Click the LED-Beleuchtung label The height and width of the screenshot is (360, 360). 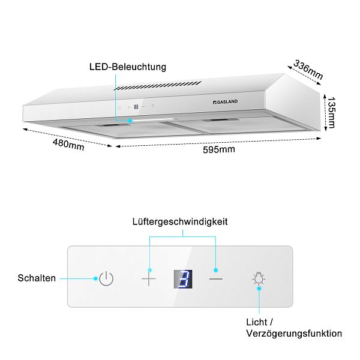(x=128, y=67)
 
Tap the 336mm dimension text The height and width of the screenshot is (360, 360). (x=308, y=70)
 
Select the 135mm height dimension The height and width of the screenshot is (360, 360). (x=331, y=113)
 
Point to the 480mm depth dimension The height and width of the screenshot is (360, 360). (x=68, y=145)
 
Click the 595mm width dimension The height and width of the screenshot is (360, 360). (x=219, y=149)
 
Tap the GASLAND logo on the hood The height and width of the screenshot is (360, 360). (x=225, y=102)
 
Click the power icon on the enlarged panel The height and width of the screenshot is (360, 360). (x=106, y=278)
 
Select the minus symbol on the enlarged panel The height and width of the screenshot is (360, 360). (x=216, y=279)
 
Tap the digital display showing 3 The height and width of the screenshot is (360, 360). (x=183, y=279)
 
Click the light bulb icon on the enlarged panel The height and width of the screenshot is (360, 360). (x=259, y=278)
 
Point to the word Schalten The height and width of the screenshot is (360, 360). (x=37, y=278)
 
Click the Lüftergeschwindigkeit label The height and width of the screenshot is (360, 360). (x=180, y=222)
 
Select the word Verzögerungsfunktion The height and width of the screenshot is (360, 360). (x=294, y=334)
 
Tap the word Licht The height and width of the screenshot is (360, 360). (x=257, y=322)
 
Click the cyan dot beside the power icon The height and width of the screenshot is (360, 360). (x=95, y=278)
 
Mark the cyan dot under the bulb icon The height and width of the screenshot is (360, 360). (x=259, y=289)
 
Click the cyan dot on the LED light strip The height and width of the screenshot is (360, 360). (x=130, y=121)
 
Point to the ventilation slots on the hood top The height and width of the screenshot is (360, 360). (x=158, y=86)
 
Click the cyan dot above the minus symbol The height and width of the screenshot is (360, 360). (x=215, y=270)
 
